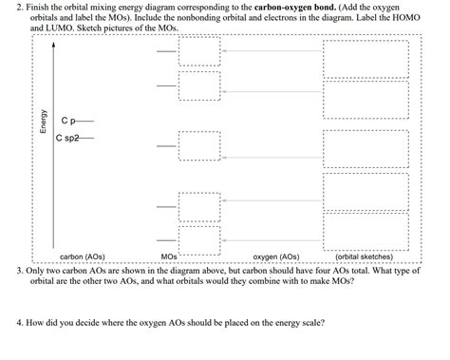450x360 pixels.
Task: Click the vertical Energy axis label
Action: pos(42,122)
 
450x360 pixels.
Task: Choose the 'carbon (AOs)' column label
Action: pos(82,256)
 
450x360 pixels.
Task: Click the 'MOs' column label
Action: pos(169,256)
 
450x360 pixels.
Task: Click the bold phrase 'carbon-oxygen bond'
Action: pos(298,7)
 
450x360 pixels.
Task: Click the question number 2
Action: pos(20,7)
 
